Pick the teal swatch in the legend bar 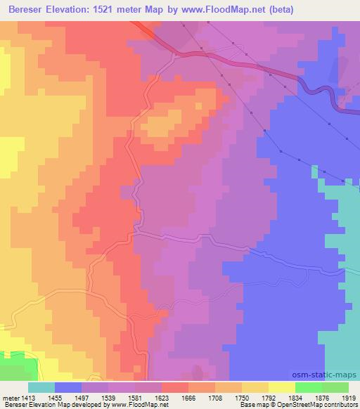click(x=41, y=387)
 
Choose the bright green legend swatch click(x=308, y=387)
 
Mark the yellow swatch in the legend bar click(x=282, y=387)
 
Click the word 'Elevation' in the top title click(x=75, y=10)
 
